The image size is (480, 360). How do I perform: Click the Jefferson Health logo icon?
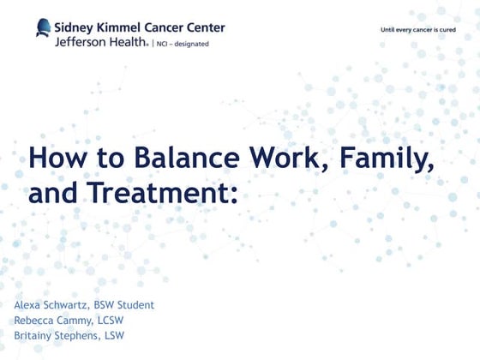pos(43,28)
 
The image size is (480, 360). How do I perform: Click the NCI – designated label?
pos(182,41)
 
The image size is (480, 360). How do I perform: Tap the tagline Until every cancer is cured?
pos(418,30)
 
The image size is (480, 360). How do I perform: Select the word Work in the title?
pos(267,159)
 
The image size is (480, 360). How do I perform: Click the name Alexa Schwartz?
pos(48,305)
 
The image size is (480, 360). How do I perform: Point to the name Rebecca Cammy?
pos(51,321)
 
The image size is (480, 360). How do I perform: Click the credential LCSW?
pos(109,321)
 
